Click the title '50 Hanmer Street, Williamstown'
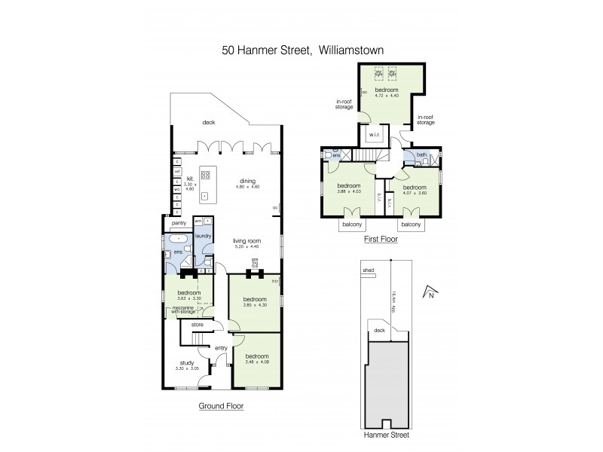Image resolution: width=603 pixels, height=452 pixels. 301,52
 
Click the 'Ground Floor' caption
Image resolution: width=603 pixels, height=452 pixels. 221,406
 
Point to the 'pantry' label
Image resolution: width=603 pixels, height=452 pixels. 179,223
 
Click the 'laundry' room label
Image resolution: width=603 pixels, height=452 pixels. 203,236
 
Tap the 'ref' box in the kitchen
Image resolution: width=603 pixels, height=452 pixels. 176,172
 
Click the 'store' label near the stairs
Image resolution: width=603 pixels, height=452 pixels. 197,325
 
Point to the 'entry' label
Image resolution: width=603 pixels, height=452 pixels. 221,347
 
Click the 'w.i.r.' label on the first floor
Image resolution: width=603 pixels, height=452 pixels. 375,136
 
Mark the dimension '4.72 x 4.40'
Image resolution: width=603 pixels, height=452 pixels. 386,96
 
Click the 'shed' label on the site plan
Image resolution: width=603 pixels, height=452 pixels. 368,269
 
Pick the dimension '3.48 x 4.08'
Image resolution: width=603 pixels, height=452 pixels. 257,362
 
